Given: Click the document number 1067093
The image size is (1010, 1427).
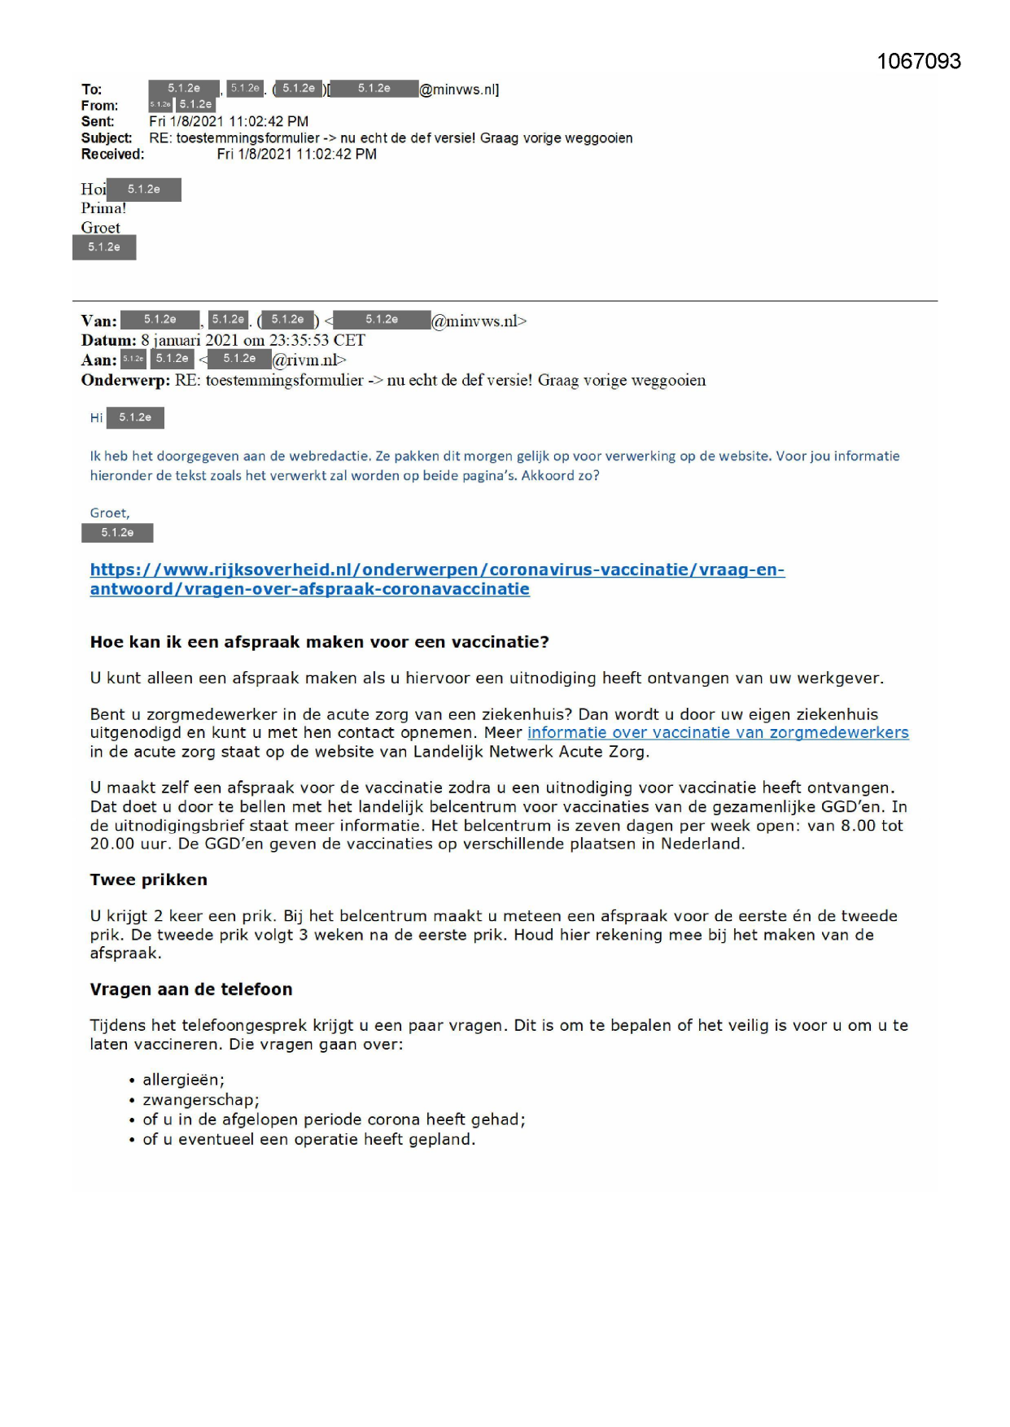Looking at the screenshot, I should [x=919, y=62].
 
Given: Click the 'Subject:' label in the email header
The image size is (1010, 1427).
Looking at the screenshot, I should [x=106, y=138].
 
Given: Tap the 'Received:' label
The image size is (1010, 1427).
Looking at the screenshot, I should [x=112, y=155].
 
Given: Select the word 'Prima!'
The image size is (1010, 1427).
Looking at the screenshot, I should [x=103, y=208].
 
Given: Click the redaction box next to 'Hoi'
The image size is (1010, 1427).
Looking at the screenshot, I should [x=144, y=190].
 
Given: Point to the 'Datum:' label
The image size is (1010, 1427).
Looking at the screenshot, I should [x=109, y=340].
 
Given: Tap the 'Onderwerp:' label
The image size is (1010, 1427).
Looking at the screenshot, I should [x=125, y=380].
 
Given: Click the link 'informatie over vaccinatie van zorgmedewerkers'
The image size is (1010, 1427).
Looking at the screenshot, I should [x=718, y=732].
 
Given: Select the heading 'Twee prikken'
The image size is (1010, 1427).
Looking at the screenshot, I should [x=148, y=879].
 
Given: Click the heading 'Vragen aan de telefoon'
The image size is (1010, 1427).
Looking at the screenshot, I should [x=190, y=989].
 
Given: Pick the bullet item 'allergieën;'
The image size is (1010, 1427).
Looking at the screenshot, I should [x=183, y=1080].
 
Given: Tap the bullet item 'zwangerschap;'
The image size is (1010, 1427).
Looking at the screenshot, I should [x=200, y=1100].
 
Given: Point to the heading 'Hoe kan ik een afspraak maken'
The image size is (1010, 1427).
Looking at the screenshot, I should [x=319, y=642].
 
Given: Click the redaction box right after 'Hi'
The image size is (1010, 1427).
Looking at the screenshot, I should [x=135, y=417].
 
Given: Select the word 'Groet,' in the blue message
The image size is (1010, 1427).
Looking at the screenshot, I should [x=110, y=513].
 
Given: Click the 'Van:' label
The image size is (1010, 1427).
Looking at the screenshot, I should [x=98, y=321].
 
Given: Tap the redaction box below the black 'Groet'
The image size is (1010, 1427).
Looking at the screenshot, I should [x=104, y=247].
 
